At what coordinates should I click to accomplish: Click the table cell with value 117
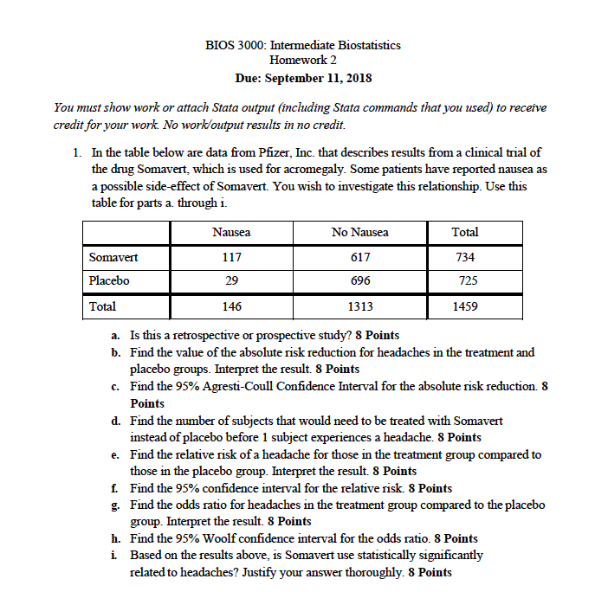coord(231,257)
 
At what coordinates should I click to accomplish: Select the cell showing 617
coord(360,257)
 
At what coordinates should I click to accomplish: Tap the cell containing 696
coord(360,281)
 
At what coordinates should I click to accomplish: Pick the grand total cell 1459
coord(465,306)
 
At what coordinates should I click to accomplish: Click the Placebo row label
coord(110,281)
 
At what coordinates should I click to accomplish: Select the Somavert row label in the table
coord(113,257)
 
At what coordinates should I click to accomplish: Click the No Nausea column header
coord(360,232)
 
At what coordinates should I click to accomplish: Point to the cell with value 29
coord(231,281)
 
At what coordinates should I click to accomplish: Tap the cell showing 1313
coord(360,306)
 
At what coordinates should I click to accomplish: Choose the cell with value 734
coord(465,257)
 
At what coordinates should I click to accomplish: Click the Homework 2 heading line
coord(303,60)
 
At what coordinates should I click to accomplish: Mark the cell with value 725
coord(465,281)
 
